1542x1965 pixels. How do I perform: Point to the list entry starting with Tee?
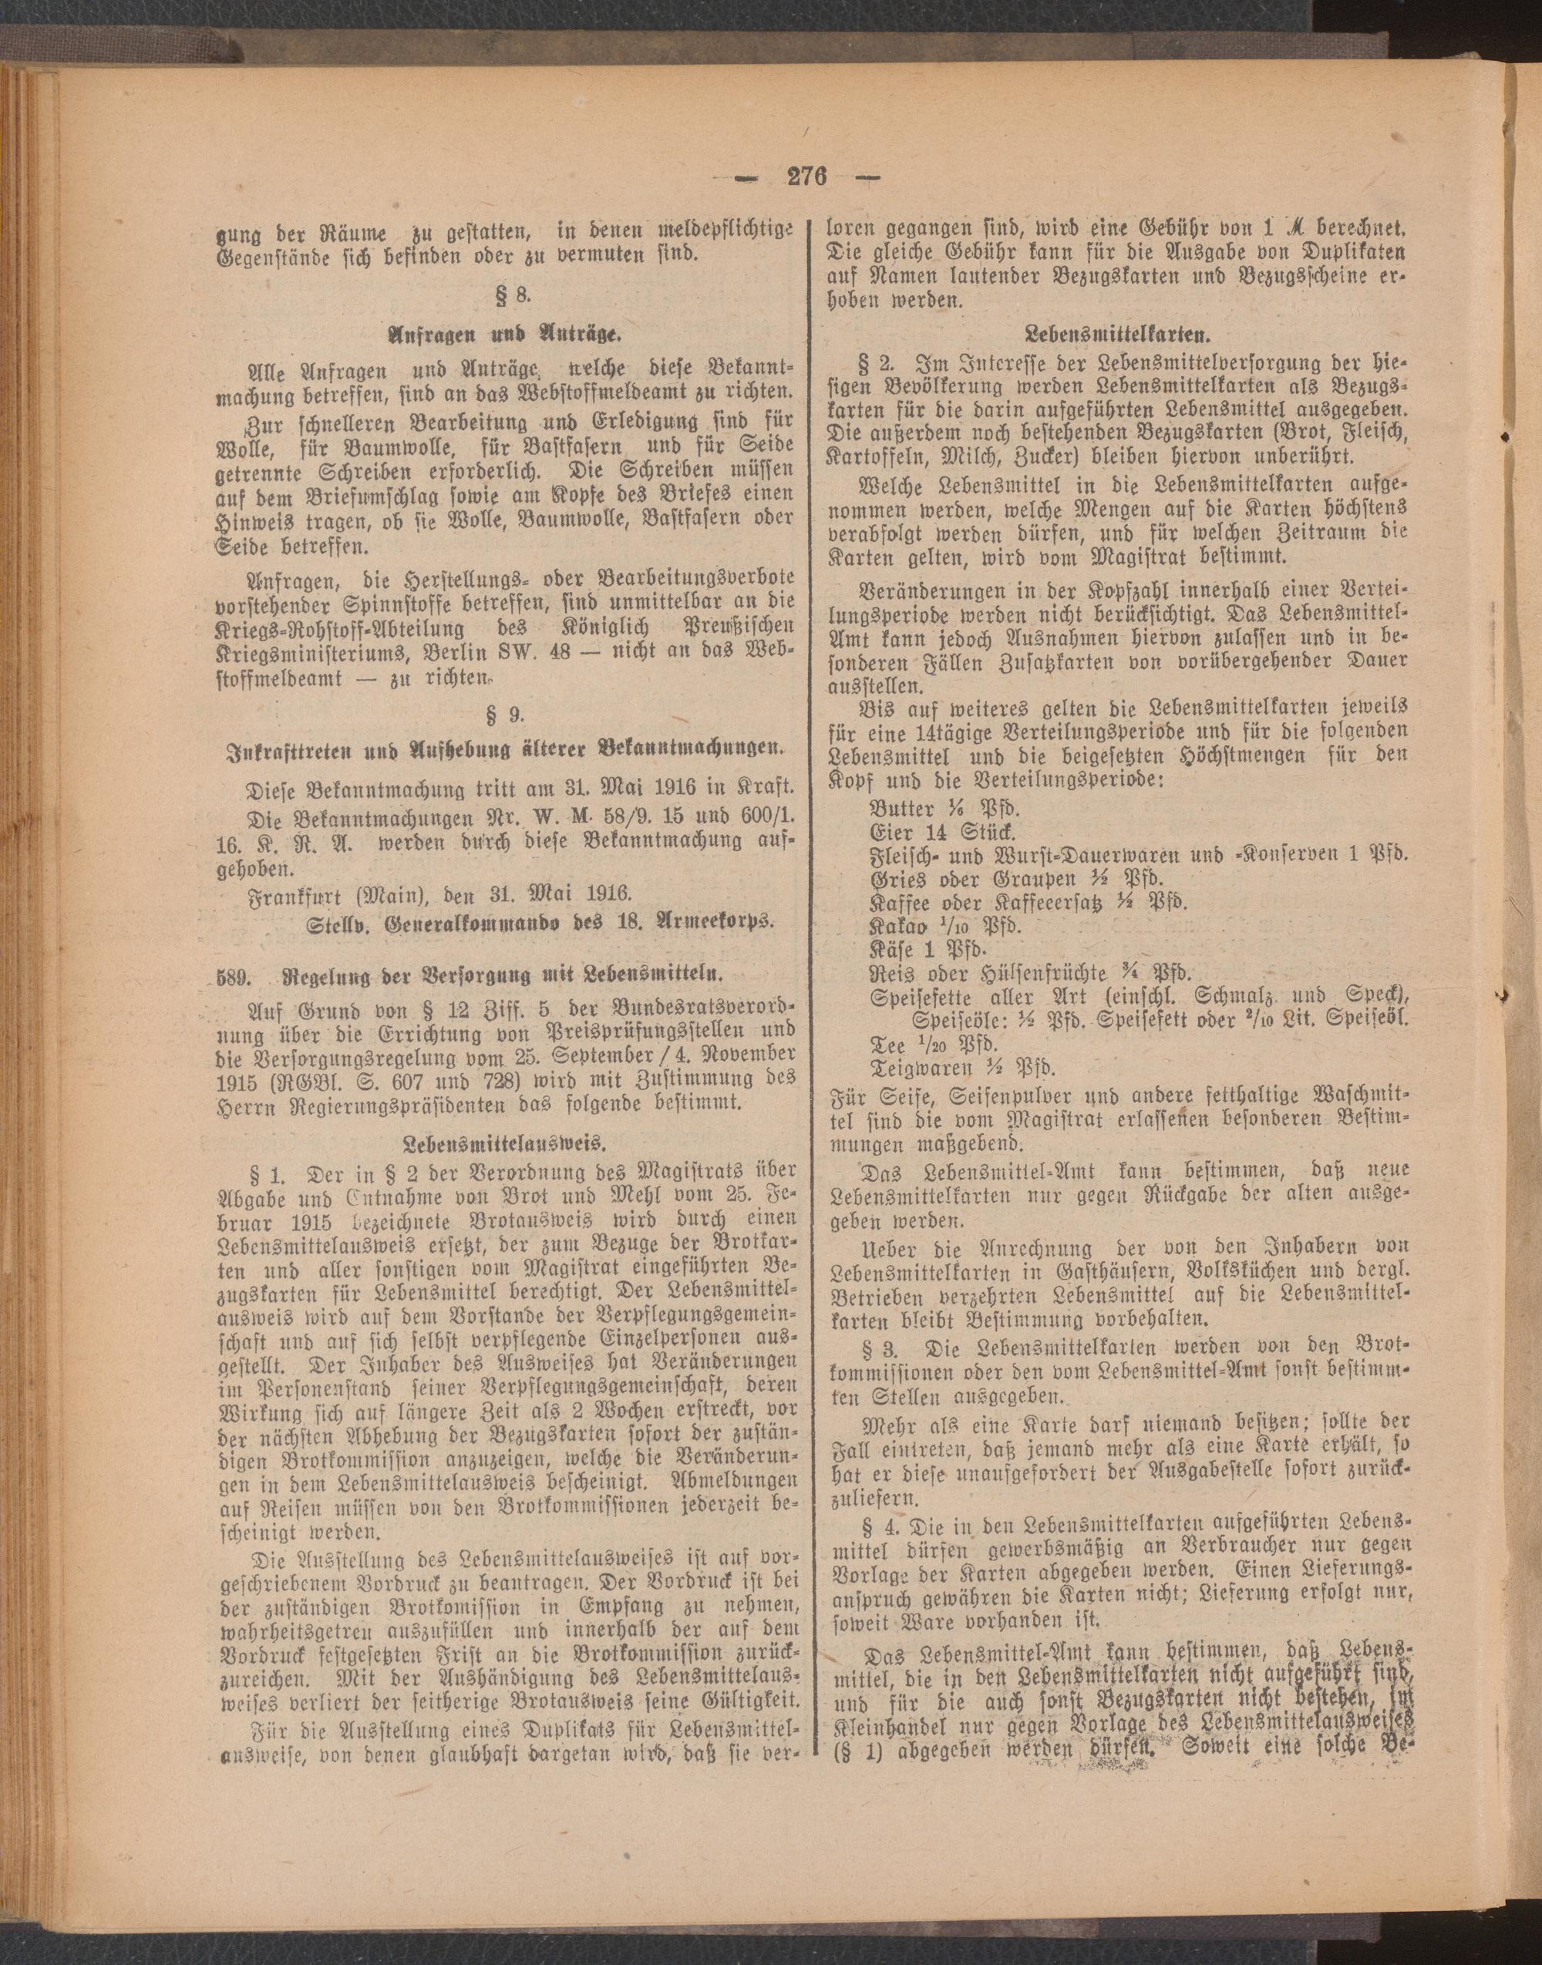[931, 1045]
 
